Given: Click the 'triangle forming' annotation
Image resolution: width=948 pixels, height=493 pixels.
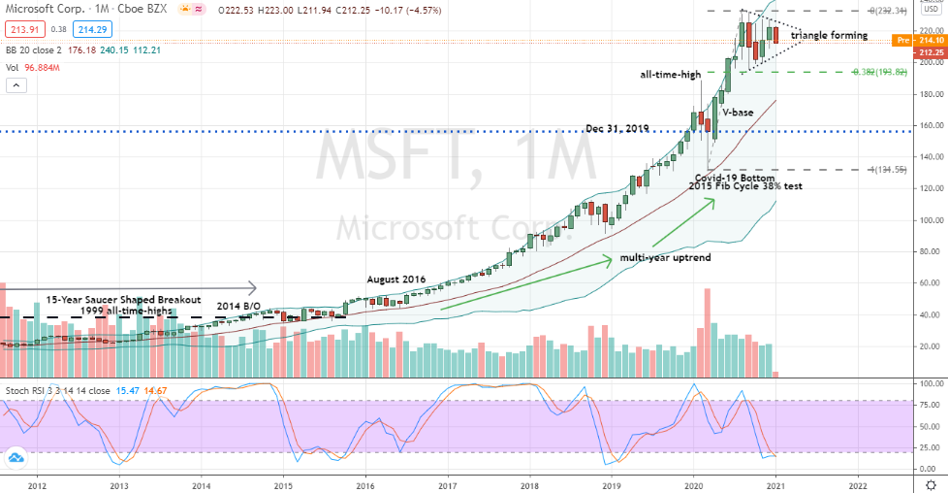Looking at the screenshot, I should pyautogui.click(x=829, y=35).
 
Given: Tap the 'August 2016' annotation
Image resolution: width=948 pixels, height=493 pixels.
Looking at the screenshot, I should pyautogui.click(x=396, y=279).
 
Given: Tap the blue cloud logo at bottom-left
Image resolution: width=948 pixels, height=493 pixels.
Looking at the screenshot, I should pyautogui.click(x=16, y=457).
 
